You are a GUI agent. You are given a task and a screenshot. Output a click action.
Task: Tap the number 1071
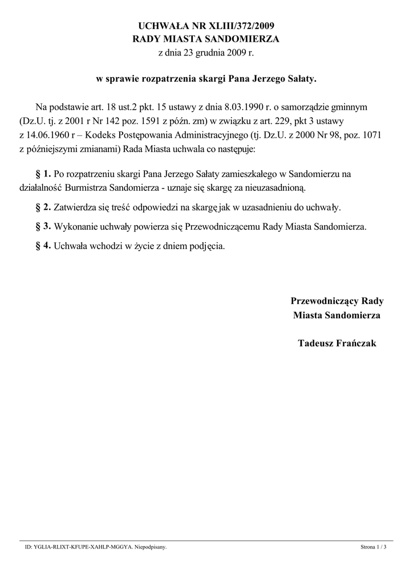point(369,135)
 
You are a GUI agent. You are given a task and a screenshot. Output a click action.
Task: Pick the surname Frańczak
point(357,343)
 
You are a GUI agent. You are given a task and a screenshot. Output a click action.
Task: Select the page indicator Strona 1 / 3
point(374,547)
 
